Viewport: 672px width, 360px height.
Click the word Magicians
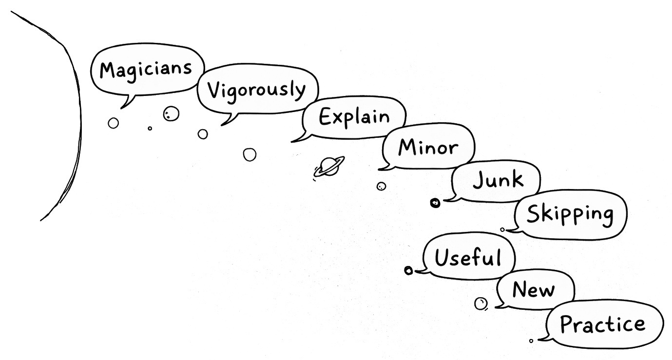146,69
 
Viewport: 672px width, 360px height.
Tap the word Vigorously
256,90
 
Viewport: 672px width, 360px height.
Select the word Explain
354,117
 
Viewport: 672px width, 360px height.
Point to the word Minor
428,147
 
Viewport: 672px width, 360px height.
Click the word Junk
498,180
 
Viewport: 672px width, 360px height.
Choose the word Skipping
570,214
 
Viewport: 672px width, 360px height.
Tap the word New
533,290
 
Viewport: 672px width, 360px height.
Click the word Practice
602,324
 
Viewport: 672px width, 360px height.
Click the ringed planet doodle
328,167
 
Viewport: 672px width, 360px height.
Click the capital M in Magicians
108,70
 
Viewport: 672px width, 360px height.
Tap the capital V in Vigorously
213,90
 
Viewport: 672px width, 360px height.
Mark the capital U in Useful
442,257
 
